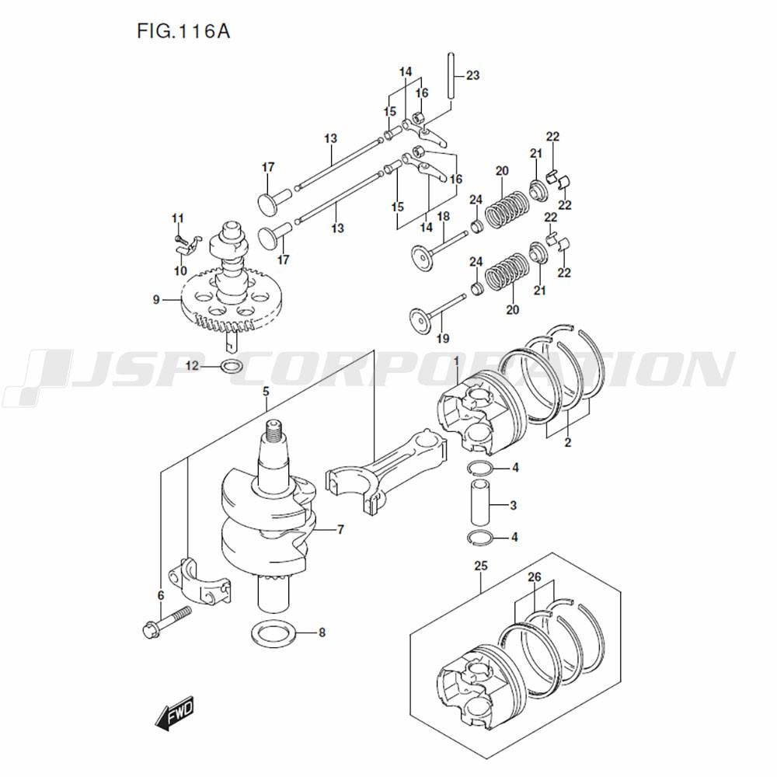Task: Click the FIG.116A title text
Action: coord(183,33)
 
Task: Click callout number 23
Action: coord(472,75)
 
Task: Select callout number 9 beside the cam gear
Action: coord(156,299)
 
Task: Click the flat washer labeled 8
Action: coord(273,632)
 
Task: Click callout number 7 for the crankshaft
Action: coord(340,530)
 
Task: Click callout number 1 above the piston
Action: coord(457,362)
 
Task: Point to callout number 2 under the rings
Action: coord(567,443)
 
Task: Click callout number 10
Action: coord(180,271)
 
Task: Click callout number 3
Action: coord(513,506)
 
